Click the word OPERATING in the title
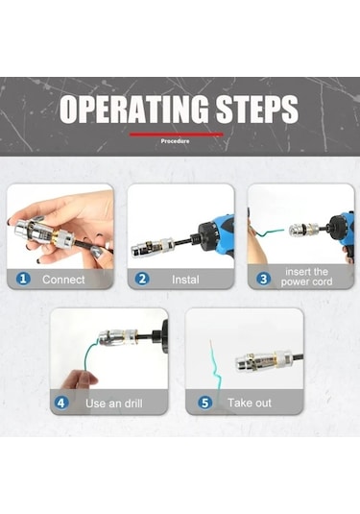coord(134,109)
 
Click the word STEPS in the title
coord(257,109)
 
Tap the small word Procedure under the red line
coord(175,141)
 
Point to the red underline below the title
coord(177,135)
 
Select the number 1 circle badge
coord(23,279)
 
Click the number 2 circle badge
coord(142,279)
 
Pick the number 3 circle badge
coord(264,279)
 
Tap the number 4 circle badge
coord(61,403)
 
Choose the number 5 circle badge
coord(204,403)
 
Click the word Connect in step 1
coord(63,280)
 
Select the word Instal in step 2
coord(185,280)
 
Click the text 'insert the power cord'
coord(306,277)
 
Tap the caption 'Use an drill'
coord(114,404)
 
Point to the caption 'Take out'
coord(250,403)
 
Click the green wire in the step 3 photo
coord(270,233)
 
